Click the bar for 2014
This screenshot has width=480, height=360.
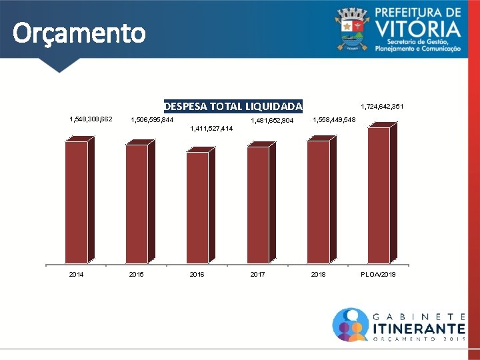[79, 200]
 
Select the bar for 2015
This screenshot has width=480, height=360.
[140, 201]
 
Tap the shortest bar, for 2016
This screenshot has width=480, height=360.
[201, 205]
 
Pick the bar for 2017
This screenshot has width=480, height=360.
[261, 203]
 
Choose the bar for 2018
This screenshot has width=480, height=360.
[322, 199]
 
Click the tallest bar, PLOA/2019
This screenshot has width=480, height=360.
[383, 193]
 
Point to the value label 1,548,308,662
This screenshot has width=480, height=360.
[91, 119]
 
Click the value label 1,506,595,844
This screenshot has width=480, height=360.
[152, 120]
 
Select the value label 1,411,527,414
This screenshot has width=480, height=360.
[211, 128]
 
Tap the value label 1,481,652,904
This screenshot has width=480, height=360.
[272, 120]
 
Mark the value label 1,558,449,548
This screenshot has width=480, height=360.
[334, 120]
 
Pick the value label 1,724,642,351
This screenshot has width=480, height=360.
[382, 107]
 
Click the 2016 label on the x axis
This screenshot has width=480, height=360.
[197, 274]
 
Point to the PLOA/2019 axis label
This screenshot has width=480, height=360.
[378, 274]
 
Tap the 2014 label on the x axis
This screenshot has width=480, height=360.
[76, 274]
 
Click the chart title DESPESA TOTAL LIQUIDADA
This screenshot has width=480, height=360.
[233, 106]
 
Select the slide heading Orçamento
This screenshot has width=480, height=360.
[79, 33]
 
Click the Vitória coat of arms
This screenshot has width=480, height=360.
[352, 29]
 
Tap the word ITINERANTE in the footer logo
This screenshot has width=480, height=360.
[419, 329]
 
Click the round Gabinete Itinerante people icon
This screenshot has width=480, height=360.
[351, 325]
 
